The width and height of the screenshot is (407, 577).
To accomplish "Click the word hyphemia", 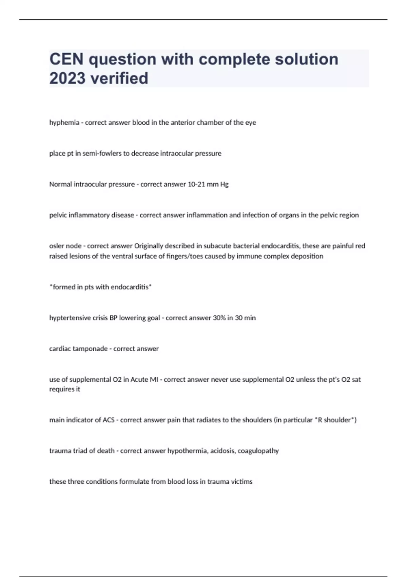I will coord(64,123).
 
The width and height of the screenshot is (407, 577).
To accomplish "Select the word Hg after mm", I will coord(224,184).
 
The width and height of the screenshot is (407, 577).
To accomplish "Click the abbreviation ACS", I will coord(109,420).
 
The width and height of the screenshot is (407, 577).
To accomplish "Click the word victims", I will coord(242,482).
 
